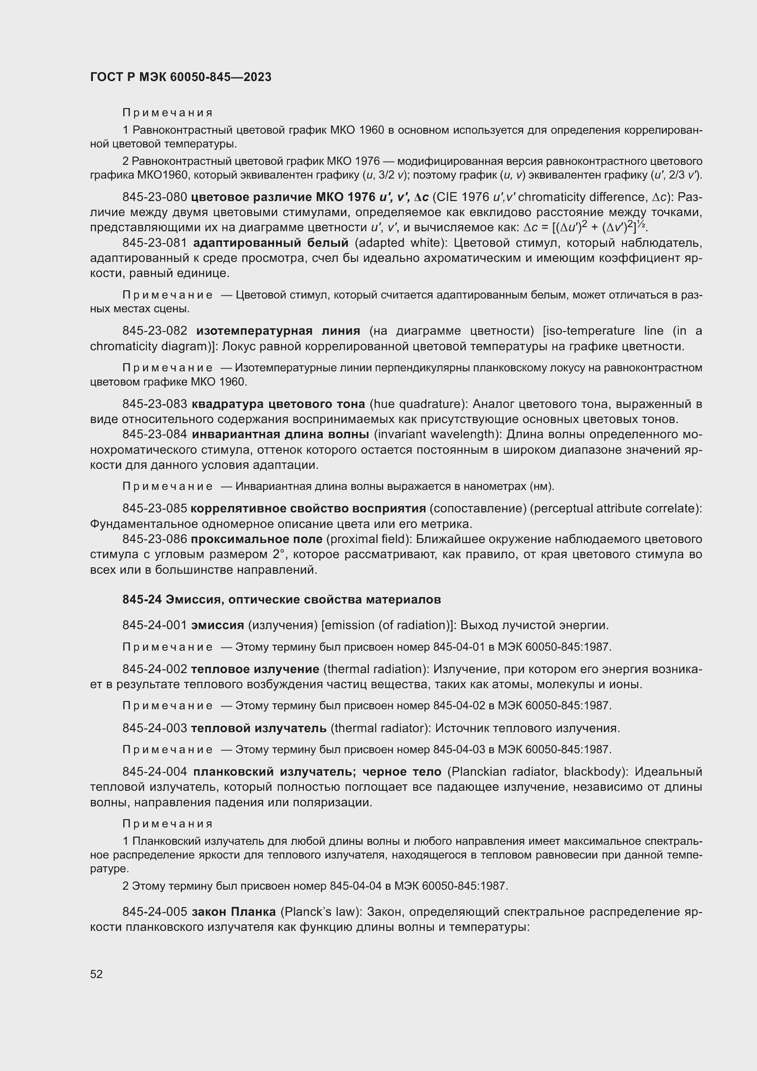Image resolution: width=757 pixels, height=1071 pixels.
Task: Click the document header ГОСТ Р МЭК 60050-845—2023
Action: [x=180, y=77]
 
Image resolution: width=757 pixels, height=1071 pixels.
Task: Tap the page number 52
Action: [x=97, y=974]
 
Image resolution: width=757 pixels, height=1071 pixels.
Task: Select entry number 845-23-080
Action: [x=155, y=197]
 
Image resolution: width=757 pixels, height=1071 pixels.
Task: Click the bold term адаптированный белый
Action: [x=270, y=243]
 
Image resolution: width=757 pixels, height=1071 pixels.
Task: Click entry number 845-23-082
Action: [x=155, y=331]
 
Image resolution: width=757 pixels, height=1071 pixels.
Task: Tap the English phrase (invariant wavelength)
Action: [x=438, y=434]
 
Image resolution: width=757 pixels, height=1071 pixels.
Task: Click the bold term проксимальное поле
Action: [x=257, y=539]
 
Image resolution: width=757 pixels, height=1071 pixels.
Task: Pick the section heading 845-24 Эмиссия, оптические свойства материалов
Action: [x=281, y=599]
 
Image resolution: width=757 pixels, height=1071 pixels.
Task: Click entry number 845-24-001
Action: [x=155, y=625]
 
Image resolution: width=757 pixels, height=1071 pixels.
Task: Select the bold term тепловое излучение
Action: [x=255, y=669]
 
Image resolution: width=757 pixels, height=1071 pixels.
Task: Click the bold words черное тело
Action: [x=401, y=772]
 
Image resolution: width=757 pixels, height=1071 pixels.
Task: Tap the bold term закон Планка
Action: [x=234, y=912]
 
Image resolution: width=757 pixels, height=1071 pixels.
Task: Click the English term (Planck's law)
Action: [x=321, y=912]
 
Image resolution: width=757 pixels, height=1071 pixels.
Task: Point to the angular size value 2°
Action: [x=276, y=554]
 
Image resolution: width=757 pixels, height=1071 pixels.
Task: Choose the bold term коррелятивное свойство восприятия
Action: [x=308, y=508]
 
